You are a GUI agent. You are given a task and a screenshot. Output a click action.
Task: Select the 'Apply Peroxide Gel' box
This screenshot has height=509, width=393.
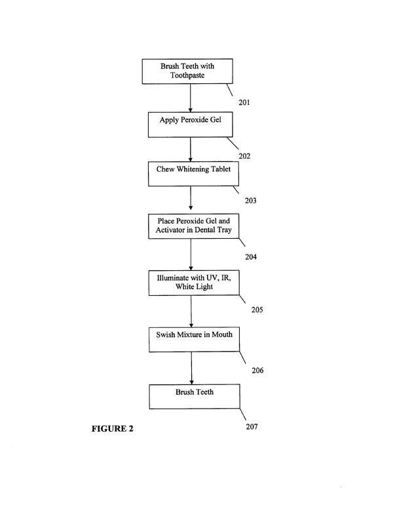point(190,125)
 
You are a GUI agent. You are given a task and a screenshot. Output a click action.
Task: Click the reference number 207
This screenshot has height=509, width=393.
point(252,428)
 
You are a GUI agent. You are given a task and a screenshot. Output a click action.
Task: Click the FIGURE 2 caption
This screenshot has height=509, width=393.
point(112,430)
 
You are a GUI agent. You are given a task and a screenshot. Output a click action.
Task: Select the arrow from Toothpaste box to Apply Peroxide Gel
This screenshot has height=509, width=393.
point(190,98)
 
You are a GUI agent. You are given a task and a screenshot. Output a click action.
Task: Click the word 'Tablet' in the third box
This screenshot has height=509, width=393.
point(217,169)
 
